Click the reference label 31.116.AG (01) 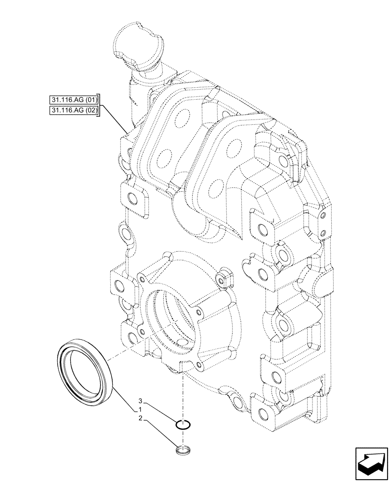click(74, 100)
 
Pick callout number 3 click(140, 401)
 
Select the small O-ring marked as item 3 click(183, 425)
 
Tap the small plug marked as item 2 click(183, 451)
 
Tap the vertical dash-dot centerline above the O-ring click(183, 395)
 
